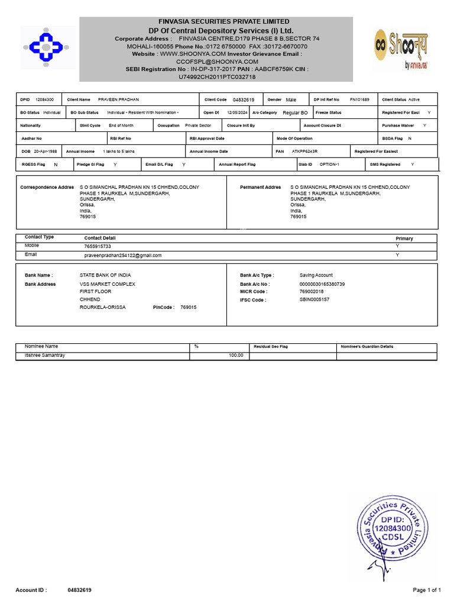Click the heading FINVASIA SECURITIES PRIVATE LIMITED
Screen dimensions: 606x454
[216, 21]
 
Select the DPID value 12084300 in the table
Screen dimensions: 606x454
[44, 99]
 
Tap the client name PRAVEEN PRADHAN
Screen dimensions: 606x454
[118, 99]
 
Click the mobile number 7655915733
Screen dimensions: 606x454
[98, 246]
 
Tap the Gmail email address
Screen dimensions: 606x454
[123, 255]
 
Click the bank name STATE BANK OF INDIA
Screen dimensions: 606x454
[105, 275]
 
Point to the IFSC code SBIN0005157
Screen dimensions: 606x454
[314, 300]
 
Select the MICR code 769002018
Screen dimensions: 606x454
[312, 292]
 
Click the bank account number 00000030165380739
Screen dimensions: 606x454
[322, 284]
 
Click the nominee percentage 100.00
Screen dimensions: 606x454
[236, 355]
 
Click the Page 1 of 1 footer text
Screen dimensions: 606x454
[426, 590]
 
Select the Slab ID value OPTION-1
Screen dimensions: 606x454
[329, 165]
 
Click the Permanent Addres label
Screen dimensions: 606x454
[260, 187]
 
